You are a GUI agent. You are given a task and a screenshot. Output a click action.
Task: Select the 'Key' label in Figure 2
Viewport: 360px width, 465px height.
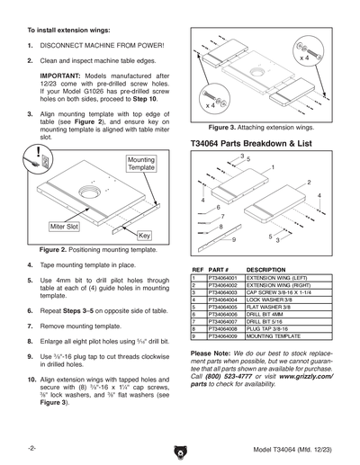pos(142,235)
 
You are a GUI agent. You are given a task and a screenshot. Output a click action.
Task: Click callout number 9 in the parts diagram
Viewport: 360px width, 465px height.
pos(234,239)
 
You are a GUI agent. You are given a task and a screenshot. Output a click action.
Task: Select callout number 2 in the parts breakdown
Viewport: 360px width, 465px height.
pos(309,183)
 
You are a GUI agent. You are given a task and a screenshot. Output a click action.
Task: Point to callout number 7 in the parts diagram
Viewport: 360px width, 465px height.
pos(221,217)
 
